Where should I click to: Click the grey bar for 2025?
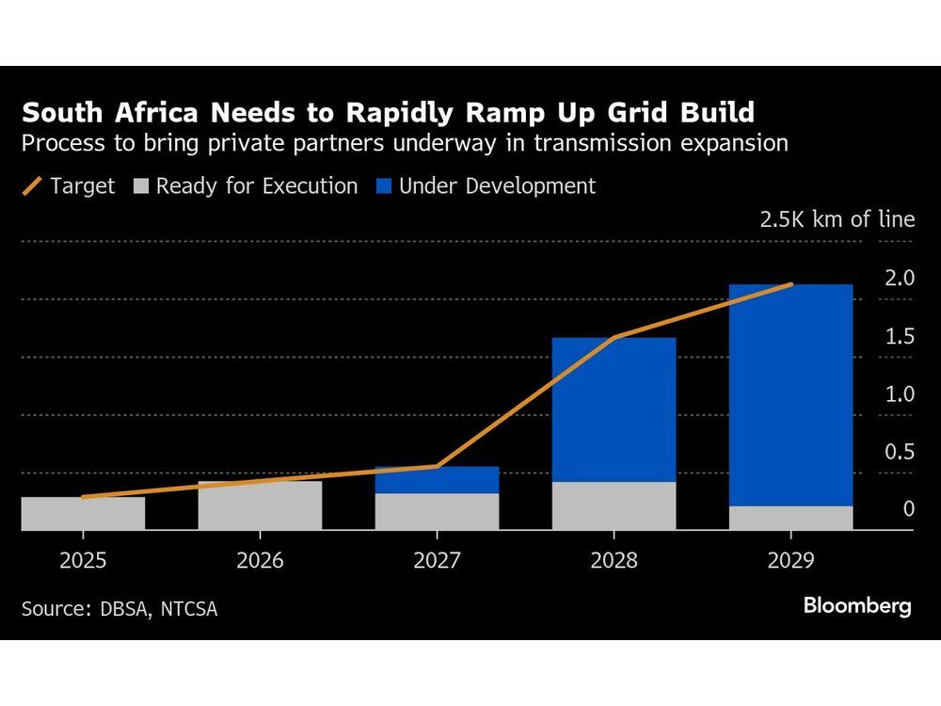click(x=83, y=514)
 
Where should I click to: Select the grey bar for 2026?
click(x=260, y=505)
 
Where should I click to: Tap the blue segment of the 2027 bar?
click(x=437, y=480)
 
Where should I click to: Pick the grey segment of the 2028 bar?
click(x=614, y=506)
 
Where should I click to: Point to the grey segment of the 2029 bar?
click(x=790, y=519)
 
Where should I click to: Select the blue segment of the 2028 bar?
click(x=614, y=409)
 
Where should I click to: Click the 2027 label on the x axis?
click(x=437, y=562)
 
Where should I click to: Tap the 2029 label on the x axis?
click(x=790, y=562)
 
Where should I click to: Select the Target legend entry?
click(x=68, y=186)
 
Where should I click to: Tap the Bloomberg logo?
click(x=857, y=606)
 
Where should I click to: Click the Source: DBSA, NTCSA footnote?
click(x=120, y=609)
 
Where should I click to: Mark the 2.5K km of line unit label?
click(x=837, y=219)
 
